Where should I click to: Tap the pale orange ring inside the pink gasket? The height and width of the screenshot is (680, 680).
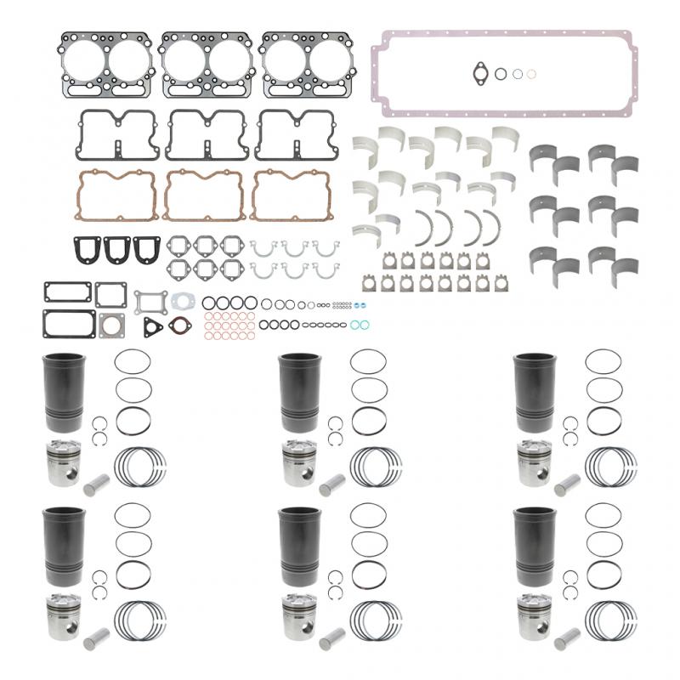coord(531,75)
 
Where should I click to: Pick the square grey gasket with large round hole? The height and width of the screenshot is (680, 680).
coord(111,326)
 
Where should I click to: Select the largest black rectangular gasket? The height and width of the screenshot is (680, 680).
coord(68,324)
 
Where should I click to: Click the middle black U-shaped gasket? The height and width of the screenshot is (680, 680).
coord(120,248)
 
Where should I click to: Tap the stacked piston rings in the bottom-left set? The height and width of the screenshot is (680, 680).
coord(141,620)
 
